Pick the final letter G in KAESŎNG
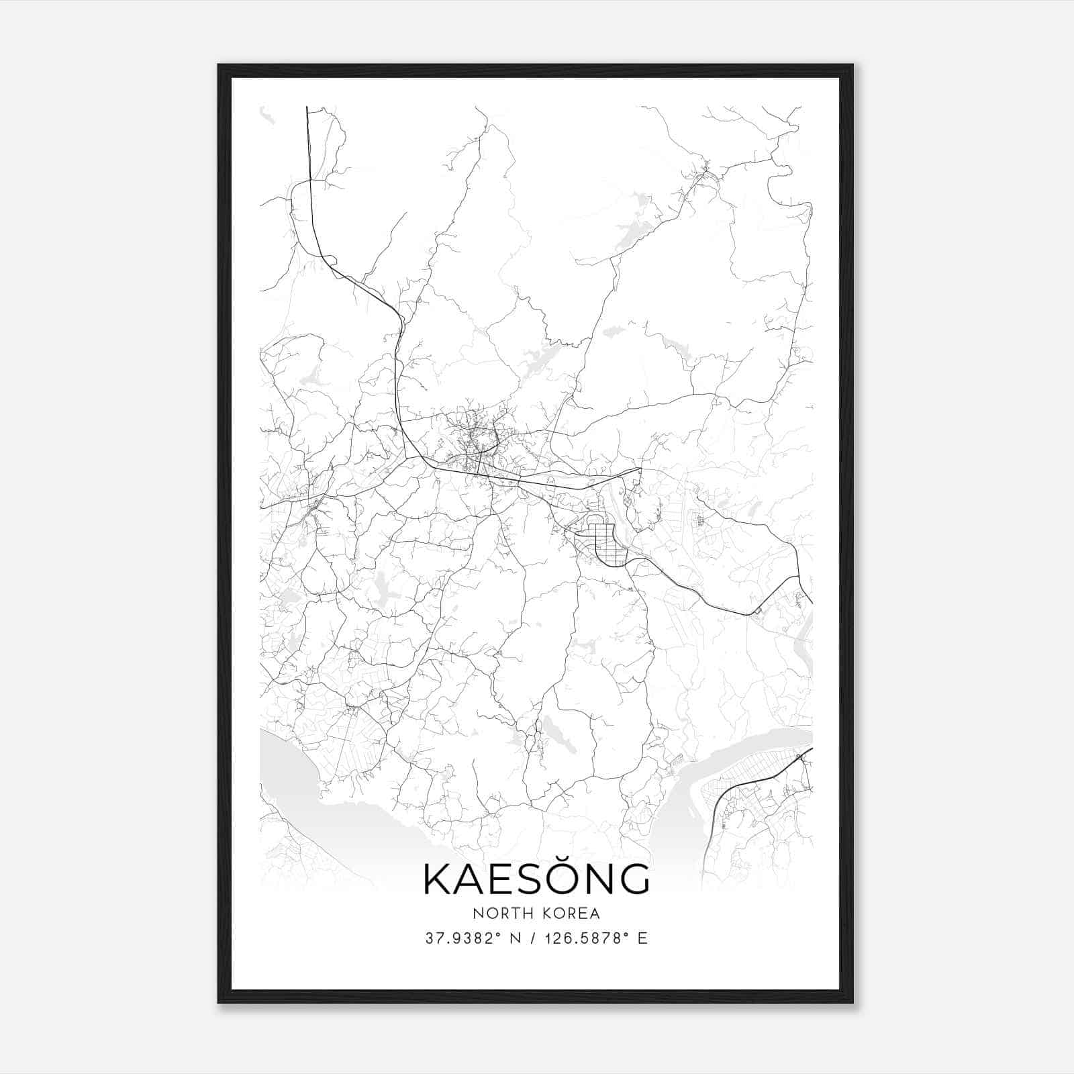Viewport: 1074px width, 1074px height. coord(633,879)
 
